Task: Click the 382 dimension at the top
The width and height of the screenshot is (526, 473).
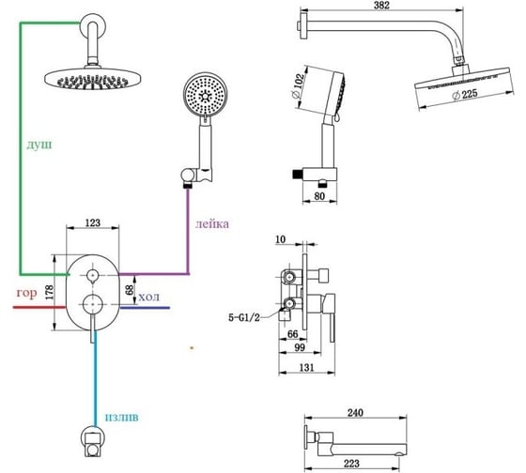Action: pos(381,6)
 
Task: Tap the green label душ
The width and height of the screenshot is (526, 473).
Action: pos(39,145)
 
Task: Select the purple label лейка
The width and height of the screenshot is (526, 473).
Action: pos(212,223)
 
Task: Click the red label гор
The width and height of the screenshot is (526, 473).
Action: pos(26,294)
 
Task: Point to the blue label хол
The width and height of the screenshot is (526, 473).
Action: pos(149,297)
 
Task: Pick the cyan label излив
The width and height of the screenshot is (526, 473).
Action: pos(122,417)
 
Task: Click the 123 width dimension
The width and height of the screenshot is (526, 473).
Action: pos(93,222)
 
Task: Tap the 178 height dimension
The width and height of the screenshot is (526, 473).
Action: pos(49,292)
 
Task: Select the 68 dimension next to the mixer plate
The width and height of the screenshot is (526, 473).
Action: pos(130,289)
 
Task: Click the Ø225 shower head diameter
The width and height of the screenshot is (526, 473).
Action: pos(465,95)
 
